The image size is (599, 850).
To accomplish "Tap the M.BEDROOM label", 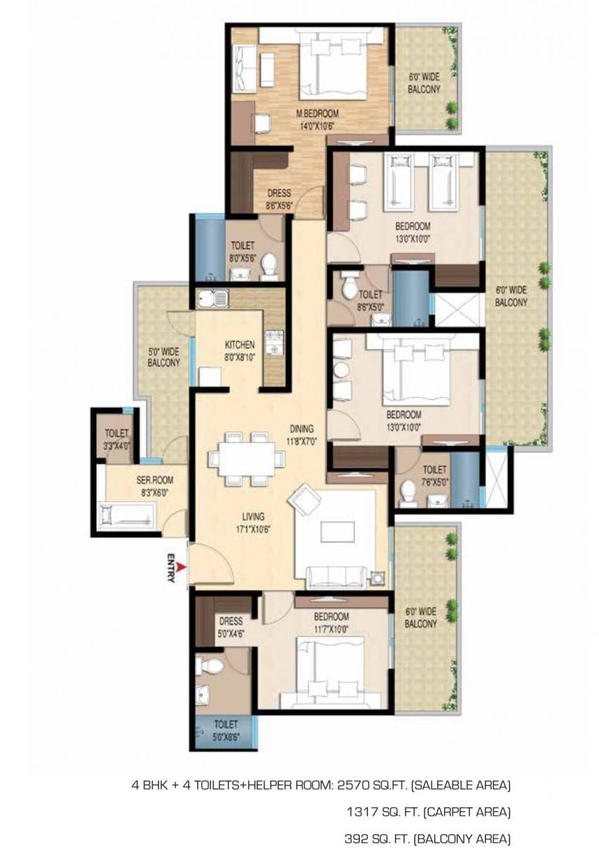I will click(x=317, y=119).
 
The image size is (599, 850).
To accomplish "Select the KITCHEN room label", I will click(x=239, y=350).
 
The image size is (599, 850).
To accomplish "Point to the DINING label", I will click(x=302, y=434).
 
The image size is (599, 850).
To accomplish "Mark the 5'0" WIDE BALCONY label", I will click(x=164, y=357).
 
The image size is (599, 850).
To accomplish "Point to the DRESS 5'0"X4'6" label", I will click(x=230, y=626).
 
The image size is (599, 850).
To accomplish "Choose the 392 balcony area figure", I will click(x=357, y=838).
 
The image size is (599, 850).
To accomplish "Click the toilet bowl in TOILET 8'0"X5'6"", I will click(x=270, y=263).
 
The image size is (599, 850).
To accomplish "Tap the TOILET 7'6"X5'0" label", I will click(x=434, y=475).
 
